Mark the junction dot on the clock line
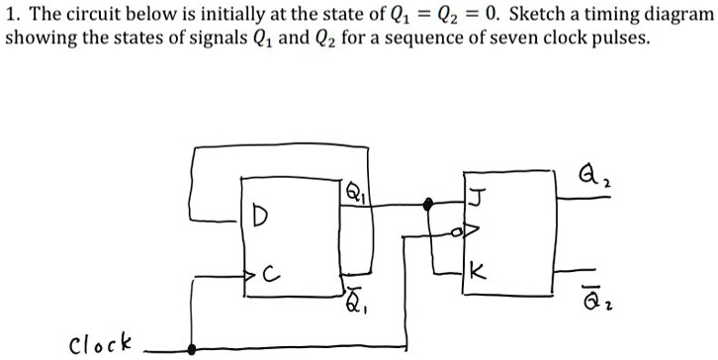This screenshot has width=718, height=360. tap(191, 347)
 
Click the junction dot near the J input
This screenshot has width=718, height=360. tap(427, 205)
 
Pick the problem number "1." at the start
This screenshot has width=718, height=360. tap(13, 17)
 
